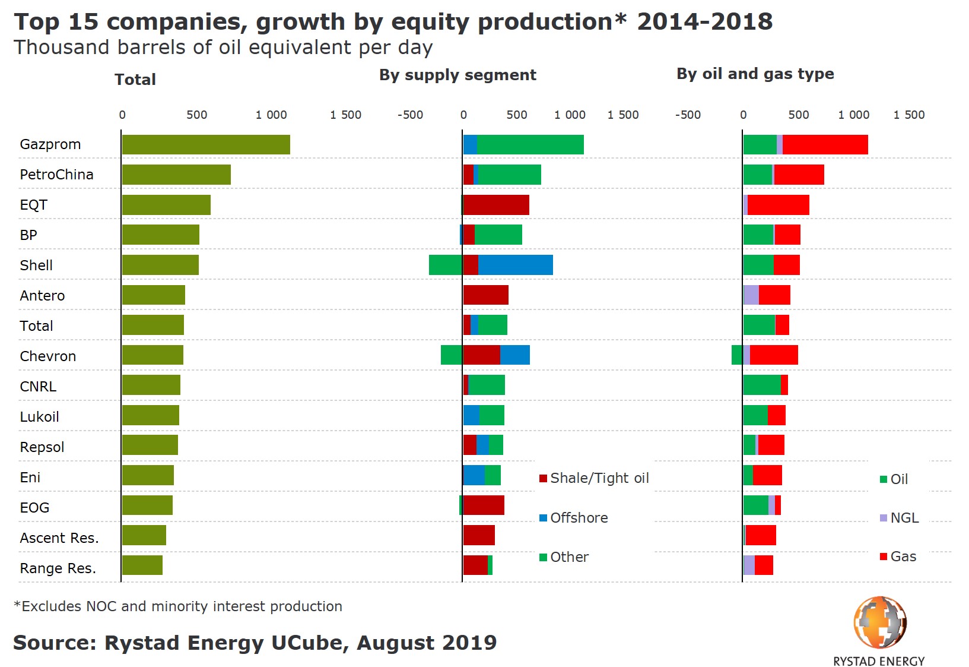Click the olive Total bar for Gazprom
click(x=205, y=145)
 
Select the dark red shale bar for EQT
click(x=495, y=205)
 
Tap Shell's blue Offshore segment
click(x=515, y=265)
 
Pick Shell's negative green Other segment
click(x=445, y=265)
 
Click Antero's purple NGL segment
click(x=751, y=295)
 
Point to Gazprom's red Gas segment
click(x=825, y=145)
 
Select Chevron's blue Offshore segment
click(x=514, y=355)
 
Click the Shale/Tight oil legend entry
click(x=594, y=478)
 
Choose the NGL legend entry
click(x=899, y=518)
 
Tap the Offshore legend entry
click(x=573, y=518)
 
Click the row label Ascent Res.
click(x=59, y=538)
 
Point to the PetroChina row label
click(x=56, y=175)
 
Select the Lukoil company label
click(x=39, y=417)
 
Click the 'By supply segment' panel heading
click(x=458, y=75)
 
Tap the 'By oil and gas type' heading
click(x=755, y=74)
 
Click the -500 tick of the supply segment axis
click(x=410, y=115)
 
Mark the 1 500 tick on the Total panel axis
click(x=345, y=115)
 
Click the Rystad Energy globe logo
click(x=879, y=622)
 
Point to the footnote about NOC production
click(x=178, y=606)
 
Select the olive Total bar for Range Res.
click(x=142, y=565)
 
